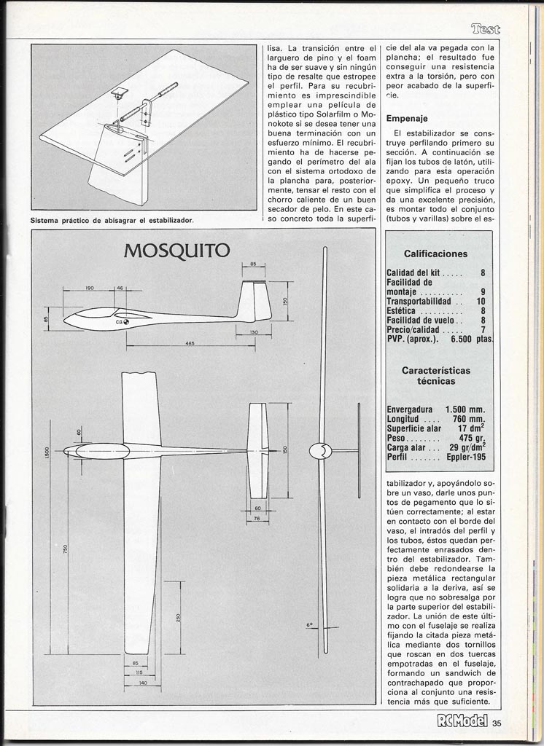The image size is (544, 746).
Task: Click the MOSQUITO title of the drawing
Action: click(x=177, y=251)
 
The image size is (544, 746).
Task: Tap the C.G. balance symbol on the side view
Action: click(x=127, y=321)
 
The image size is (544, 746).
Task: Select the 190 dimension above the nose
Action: click(x=90, y=288)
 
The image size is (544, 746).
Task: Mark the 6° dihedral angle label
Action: click(x=309, y=625)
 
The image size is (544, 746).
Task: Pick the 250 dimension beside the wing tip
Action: click(x=178, y=619)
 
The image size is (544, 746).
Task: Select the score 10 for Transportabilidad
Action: click(x=481, y=301)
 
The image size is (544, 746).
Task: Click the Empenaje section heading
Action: click(x=407, y=117)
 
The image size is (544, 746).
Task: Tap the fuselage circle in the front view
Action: click(x=319, y=452)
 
